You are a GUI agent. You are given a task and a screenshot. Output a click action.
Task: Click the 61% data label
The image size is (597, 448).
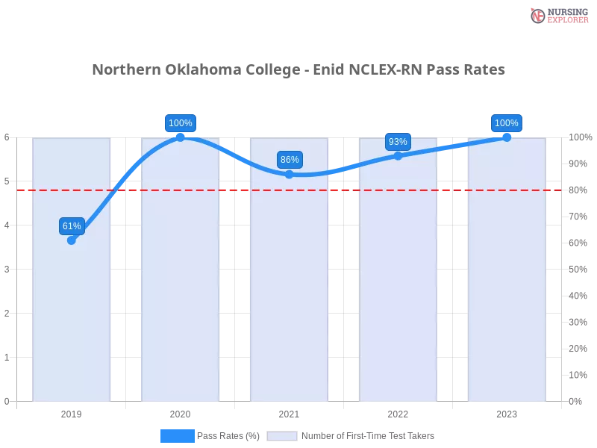click(x=72, y=226)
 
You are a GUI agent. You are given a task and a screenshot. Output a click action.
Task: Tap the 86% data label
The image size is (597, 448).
click(x=290, y=160)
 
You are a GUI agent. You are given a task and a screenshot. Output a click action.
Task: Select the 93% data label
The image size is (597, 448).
click(x=398, y=142)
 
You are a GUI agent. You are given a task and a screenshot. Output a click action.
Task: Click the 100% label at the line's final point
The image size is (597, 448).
click(x=507, y=123)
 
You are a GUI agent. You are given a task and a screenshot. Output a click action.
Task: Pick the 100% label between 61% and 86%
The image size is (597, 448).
click(x=180, y=123)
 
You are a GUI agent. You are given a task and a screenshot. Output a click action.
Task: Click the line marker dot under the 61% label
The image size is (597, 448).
click(x=72, y=240)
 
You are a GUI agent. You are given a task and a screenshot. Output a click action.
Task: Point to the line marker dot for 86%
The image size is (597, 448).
click(x=290, y=174)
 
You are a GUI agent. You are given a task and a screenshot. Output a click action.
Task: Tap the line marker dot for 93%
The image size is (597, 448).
click(x=398, y=156)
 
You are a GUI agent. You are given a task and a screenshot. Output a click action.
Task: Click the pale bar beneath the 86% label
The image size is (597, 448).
click(x=290, y=299)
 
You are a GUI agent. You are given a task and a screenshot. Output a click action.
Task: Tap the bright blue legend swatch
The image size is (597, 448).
click(x=177, y=435)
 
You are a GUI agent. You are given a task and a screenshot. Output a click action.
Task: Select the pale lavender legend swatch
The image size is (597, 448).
click(x=282, y=436)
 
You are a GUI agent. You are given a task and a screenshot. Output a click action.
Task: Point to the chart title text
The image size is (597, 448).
click(x=298, y=70)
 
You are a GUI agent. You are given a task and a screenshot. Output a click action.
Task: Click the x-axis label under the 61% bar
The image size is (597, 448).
click(x=72, y=412)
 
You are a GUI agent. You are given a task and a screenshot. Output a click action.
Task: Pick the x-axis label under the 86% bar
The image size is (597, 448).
click(x=290, y=412)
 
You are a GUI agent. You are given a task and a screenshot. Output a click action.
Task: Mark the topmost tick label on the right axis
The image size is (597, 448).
click(x=581, y=137)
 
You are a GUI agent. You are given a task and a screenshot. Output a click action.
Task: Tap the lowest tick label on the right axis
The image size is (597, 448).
click(x=576, y=400)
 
